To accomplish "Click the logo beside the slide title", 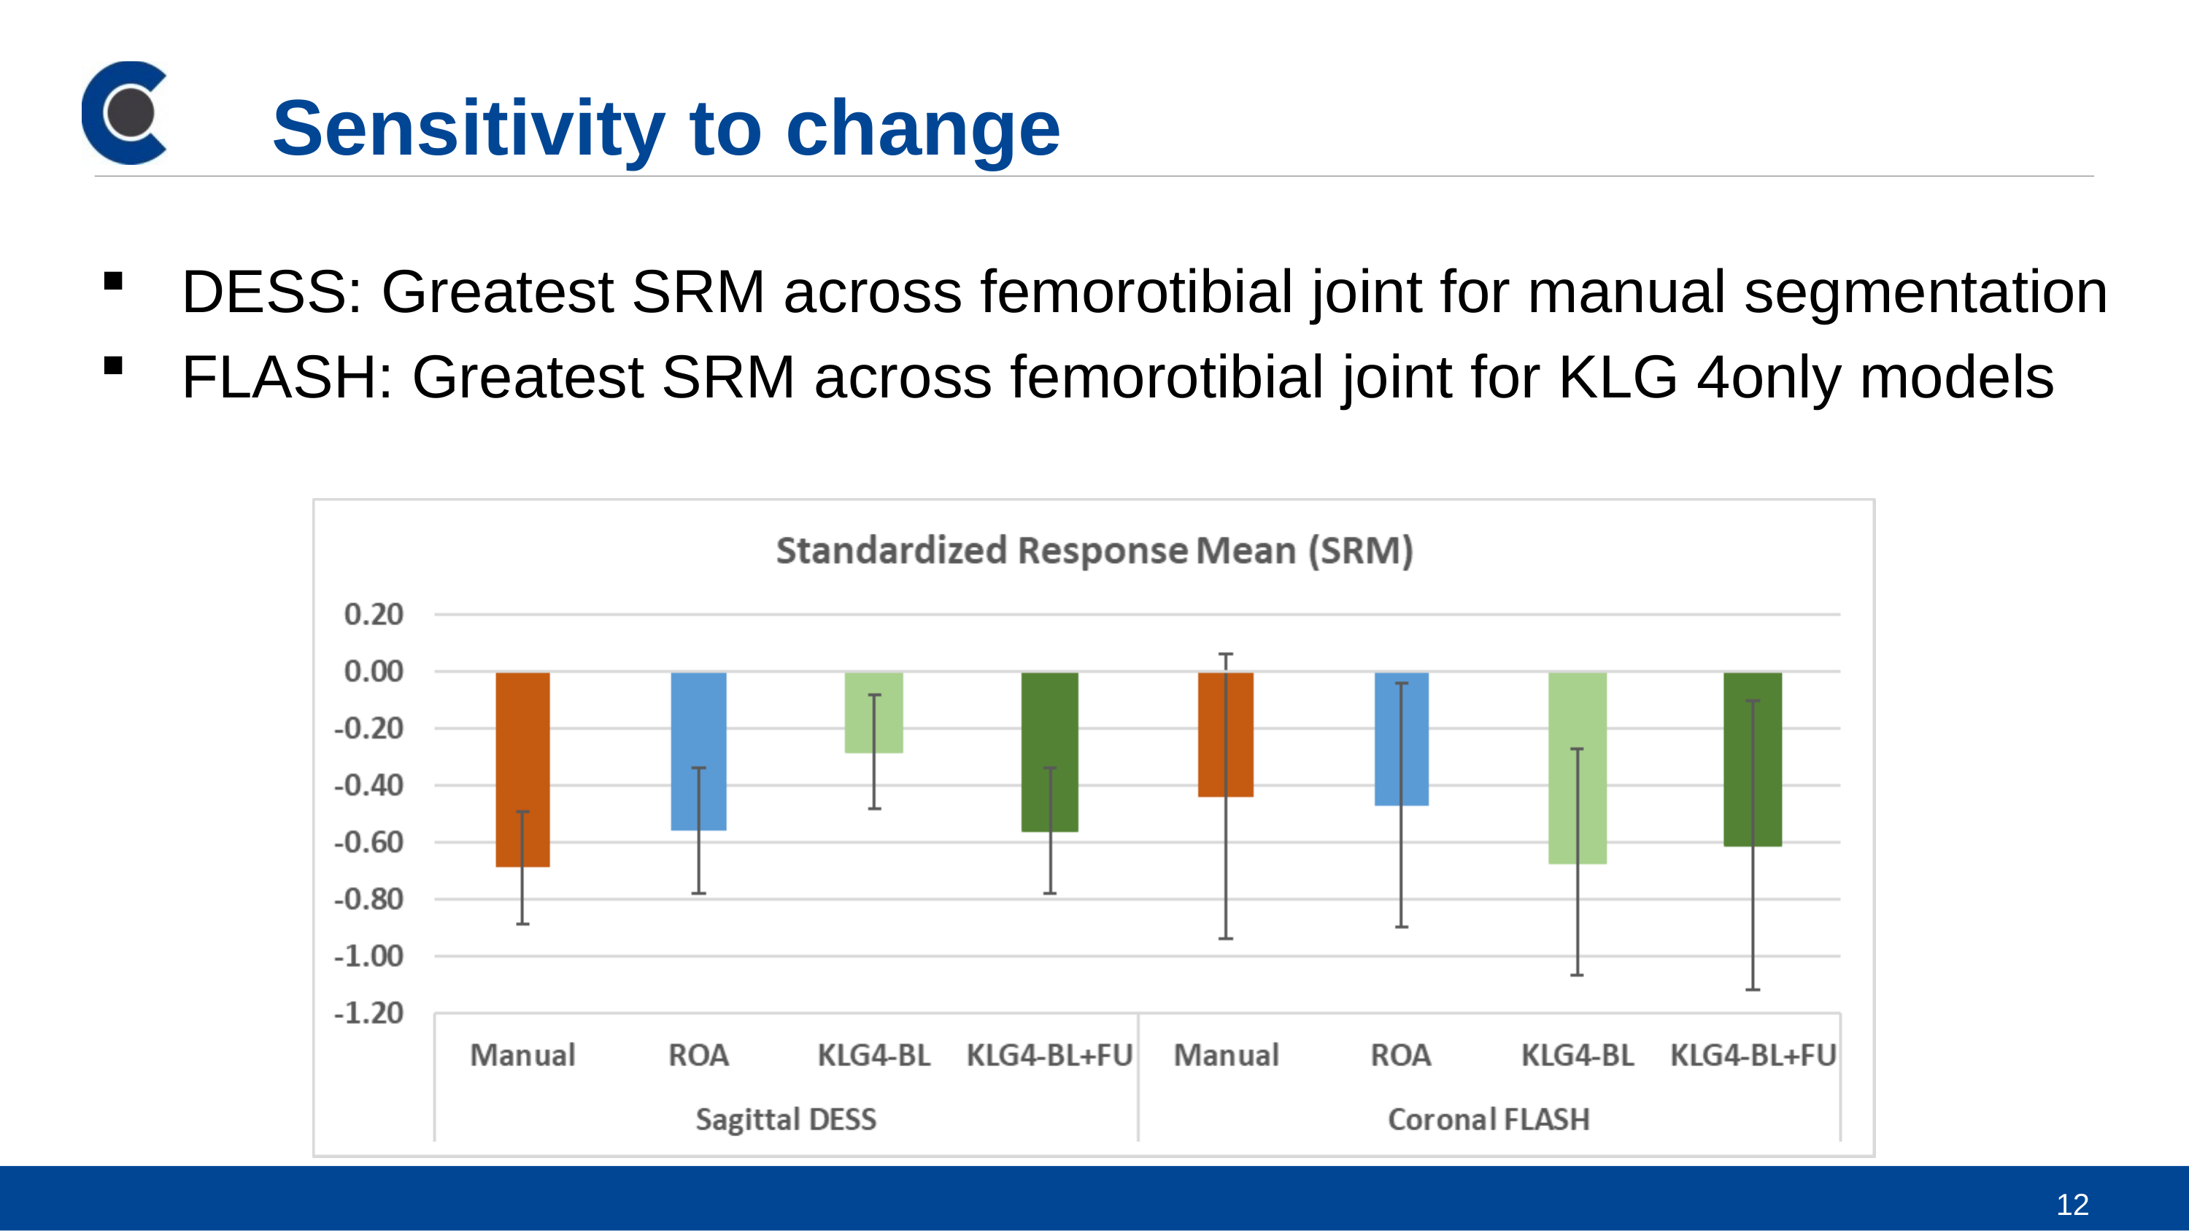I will coord(124,112).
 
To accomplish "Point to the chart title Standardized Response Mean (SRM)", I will coord(1094,551).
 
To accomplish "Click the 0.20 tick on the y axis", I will coord(374,614).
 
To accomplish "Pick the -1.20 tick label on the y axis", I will coord(368,1013).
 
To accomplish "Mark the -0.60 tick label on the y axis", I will coord(368,842).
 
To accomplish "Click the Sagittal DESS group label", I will coord(786,1119).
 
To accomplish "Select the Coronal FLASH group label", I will coord(1489,1119).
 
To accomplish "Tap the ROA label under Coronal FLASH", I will coord(1401,1055).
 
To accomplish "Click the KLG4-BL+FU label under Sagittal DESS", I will coord(1050,1055).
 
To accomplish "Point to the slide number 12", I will coord(2072,1204).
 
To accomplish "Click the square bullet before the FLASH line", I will coord(113,366).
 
